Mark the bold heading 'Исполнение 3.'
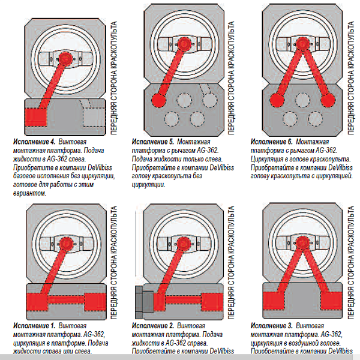click(x=271, y=325)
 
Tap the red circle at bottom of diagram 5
click(x=159, y=99)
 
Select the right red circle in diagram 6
click(x=326, y=99)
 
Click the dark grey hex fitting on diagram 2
click(x=139, y=301)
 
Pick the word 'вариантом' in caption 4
click(x=28, y=196)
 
